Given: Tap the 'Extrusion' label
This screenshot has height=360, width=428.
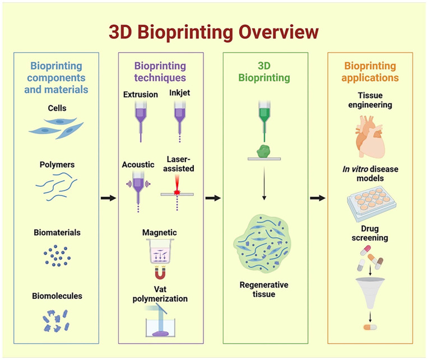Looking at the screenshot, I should [x=140, y=94].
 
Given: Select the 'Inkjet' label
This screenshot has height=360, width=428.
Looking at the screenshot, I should [x=179, y=94].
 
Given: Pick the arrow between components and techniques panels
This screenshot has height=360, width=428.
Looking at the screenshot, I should [x=109, y=198].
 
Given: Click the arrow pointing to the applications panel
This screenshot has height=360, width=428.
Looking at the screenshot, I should [x=318, y=198].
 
